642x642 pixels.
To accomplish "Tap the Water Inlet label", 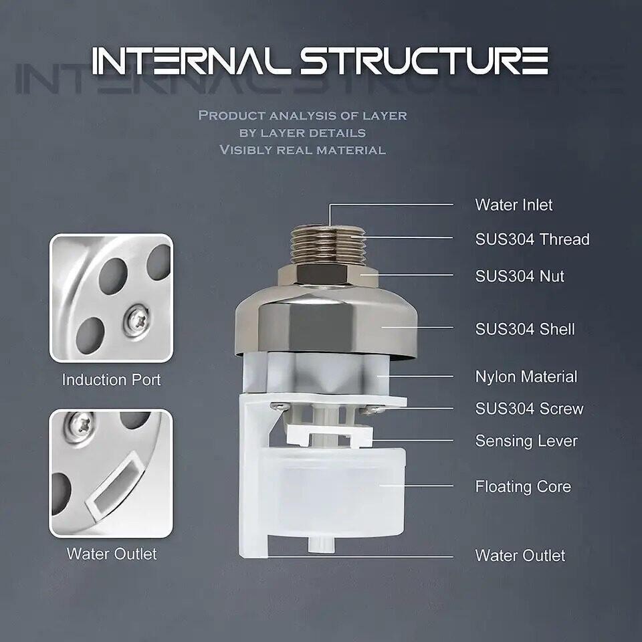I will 514,205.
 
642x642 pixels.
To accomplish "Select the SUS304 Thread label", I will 532,239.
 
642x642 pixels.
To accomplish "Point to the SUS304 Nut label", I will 520,276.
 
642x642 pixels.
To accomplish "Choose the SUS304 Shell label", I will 525,329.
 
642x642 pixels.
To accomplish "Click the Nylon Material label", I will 526,377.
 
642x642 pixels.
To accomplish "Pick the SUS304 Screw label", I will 529,409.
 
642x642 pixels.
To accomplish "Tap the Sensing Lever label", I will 526,441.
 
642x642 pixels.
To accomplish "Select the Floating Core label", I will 523,486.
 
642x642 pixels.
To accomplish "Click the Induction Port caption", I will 111,380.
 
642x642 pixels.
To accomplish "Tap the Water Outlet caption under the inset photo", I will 111,554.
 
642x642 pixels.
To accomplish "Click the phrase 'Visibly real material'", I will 302,150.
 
